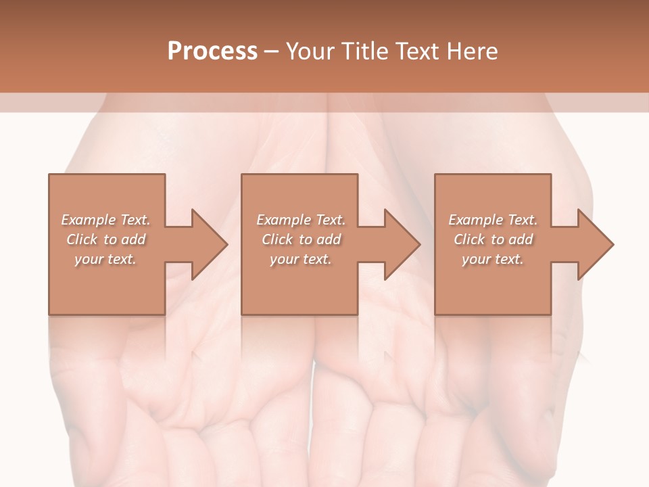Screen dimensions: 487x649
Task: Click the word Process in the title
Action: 212,51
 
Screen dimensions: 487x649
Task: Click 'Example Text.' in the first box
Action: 106,220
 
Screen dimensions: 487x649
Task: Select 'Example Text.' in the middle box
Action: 301,220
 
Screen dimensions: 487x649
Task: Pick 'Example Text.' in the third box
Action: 493,220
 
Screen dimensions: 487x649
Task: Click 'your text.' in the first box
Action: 105,259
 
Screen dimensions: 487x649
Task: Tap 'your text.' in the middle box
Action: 300,259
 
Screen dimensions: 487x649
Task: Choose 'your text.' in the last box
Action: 492,259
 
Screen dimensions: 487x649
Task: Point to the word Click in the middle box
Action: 277,239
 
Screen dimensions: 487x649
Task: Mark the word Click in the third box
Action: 469,239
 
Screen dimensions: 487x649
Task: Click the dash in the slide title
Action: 271,52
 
